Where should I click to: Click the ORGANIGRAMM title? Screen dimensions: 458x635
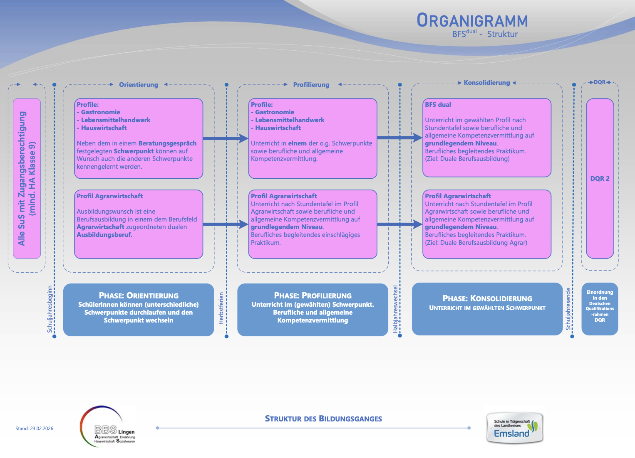point(472,21)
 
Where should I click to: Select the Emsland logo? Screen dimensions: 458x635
point(515,428)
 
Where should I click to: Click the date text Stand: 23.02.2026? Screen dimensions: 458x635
point(34,428)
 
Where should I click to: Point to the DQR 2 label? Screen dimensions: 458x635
point(600,179)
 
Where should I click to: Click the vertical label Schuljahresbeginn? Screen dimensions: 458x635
point(50,309)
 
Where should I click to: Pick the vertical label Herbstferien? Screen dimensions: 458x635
point(221,308)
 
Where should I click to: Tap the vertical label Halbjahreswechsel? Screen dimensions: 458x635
point(395,309)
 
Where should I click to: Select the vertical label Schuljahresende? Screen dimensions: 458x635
point(568,309)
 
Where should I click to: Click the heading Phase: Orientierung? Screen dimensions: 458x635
point(139,295)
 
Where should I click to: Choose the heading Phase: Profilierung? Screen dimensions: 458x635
point(313,295)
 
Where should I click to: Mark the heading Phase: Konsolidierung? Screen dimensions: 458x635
point(487,298)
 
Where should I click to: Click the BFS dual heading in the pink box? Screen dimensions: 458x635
point(438,105)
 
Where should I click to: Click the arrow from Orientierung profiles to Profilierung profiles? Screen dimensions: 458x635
point(225,138)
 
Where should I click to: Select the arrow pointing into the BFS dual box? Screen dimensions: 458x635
point(399,138)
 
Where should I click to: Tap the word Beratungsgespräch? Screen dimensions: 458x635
point(167,143)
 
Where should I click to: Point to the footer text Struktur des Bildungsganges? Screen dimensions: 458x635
point(323,419)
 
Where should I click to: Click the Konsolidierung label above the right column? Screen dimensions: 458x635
point(486,83)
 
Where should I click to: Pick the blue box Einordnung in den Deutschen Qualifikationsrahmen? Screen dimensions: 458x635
point(600,309)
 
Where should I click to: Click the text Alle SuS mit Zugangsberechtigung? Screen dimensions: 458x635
point(22,179)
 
